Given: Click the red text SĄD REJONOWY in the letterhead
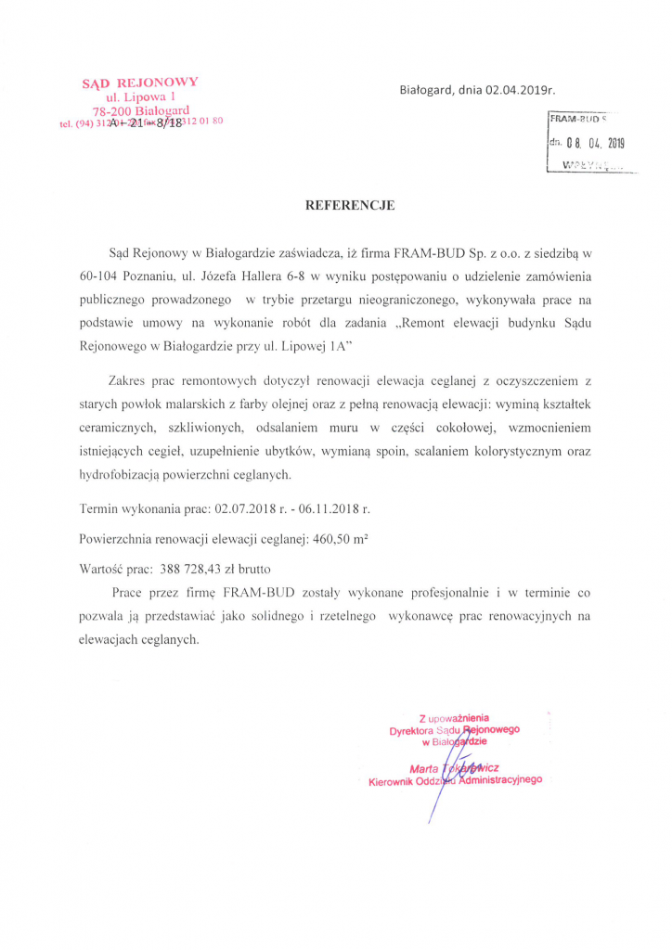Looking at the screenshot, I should pyautogui.click(x=140, y=82).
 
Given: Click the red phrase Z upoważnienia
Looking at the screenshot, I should pyautogui.click(x=454, y=718).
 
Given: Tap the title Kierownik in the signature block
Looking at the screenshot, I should pyautogui.click(x=394, y=782).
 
